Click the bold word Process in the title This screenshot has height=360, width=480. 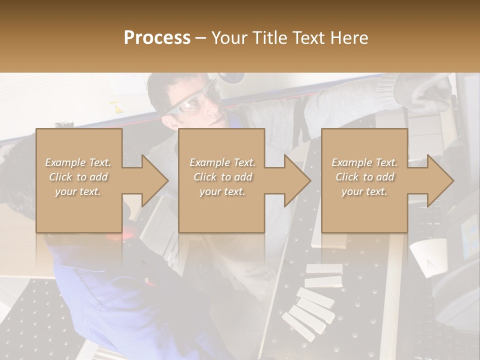(x=157, y=38)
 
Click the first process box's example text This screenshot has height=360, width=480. (x=78, y=177)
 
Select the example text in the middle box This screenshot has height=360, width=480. (x=222, y=177)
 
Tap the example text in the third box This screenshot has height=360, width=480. (x=364, y=177)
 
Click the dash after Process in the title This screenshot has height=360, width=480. (x=201, y=38)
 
